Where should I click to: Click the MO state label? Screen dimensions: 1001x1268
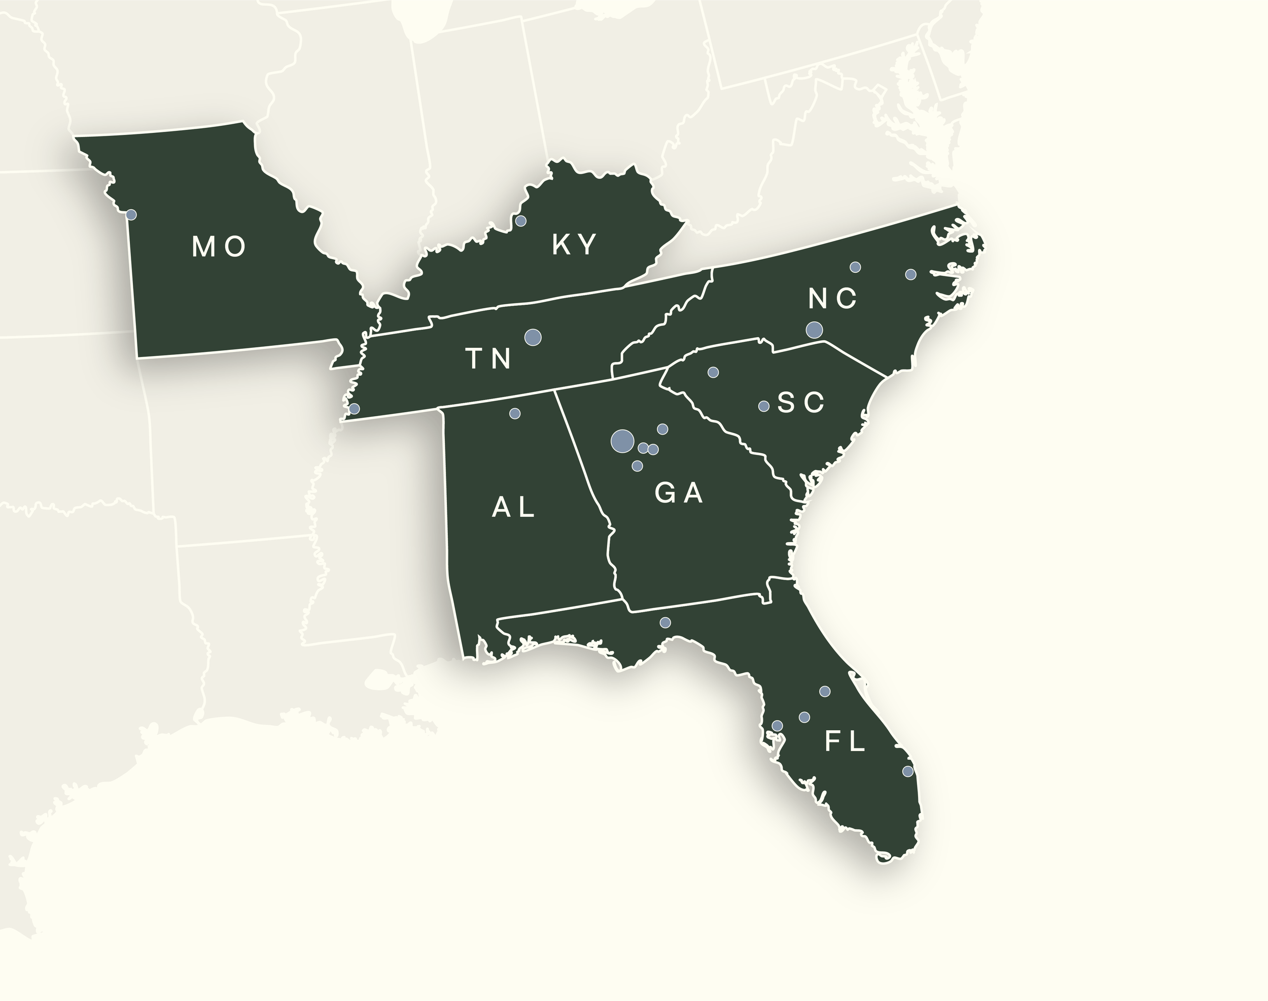pos(219,247)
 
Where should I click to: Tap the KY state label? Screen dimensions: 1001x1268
pos(575,244)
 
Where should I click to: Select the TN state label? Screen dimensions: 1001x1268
pos(489,359)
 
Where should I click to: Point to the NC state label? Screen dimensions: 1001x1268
pos(832,299)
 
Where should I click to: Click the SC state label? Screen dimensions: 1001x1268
pos(801,403)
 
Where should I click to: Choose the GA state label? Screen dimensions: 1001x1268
pos(679,493)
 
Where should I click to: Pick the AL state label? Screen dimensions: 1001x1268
pos(513,507)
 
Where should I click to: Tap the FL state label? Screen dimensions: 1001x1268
pos(846,742)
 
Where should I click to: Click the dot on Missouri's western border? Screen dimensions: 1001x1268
pos(131,215)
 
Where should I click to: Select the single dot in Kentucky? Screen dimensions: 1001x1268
pos(520,221)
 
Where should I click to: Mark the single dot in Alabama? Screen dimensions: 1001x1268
pos(515,414)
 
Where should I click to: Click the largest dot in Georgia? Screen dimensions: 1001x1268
pos(622,441)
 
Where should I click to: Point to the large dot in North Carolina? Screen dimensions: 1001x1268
pos(814,330)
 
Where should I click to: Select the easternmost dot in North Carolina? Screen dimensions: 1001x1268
pos(910,274)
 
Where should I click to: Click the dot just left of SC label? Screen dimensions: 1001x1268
pos(764,406)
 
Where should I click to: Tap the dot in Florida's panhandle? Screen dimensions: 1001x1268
pos(665,622)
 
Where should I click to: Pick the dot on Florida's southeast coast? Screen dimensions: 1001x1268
pos(907,771)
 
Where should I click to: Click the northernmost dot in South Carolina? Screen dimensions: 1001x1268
pos(714,372)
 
